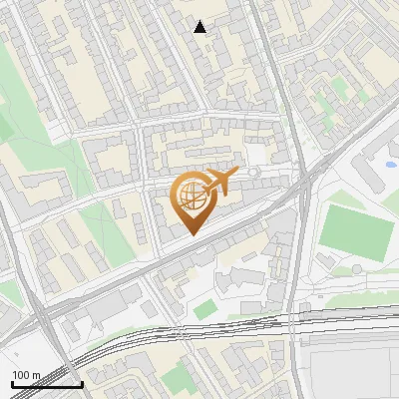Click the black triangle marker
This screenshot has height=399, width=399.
[200, 27]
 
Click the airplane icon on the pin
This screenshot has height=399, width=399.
[220, 182]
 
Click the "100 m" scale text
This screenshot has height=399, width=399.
[27, 375]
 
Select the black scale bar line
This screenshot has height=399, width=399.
[47, 384]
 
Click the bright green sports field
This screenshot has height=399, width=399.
[356, 232]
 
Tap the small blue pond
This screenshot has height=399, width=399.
[391, 164]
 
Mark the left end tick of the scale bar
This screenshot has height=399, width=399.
[13, 382]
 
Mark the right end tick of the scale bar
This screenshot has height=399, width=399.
[82, 382]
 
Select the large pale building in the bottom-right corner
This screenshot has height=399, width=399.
[354, 369]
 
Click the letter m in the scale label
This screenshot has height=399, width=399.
[35, 375]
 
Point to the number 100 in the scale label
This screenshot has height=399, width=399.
[21, 375]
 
